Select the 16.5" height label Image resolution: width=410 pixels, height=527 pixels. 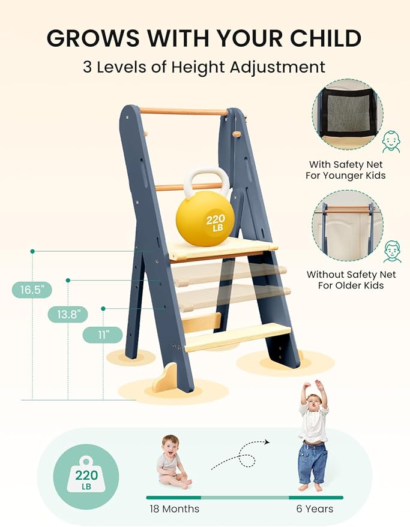[32, 290]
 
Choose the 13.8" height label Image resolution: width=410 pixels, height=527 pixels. [68, 315]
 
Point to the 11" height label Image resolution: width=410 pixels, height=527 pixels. [103, 335]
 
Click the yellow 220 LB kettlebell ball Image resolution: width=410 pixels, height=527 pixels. [205, 221]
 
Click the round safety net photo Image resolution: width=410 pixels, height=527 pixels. [347, 115]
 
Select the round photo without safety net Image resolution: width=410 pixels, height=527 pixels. [347, 225]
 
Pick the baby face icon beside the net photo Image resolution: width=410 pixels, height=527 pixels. [391, 142]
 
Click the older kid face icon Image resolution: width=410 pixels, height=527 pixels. [391, 251]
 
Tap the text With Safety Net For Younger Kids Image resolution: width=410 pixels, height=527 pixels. [347, 170]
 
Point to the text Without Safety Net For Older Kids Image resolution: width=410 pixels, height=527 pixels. [351, 280]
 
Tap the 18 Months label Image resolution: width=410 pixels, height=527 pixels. [174, 509]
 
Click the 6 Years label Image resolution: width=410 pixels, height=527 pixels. [316, 509]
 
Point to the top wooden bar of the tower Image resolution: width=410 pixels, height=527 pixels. [184, 111]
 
